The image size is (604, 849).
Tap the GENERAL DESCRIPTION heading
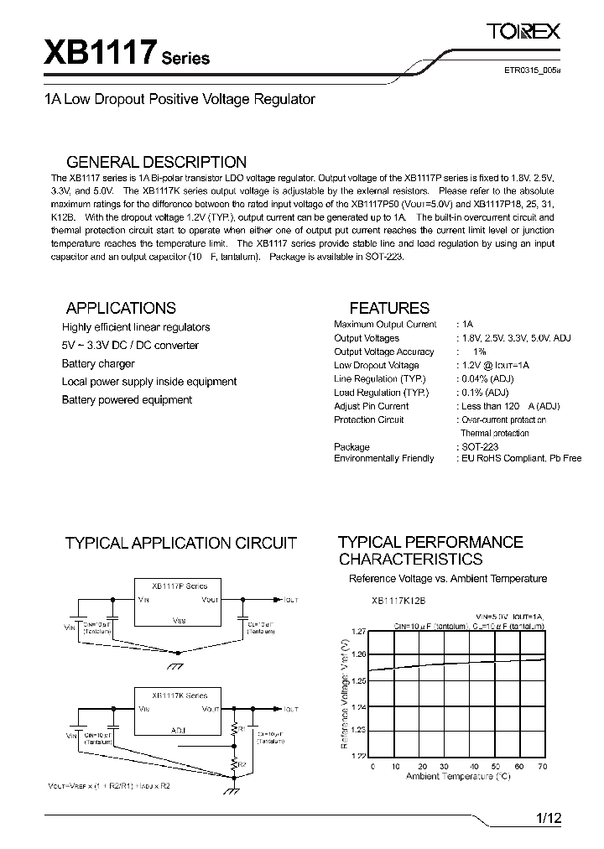[x=156, y=162]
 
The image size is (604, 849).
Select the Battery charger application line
[x=97, y=363]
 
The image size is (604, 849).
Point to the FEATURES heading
[x=388, y=308]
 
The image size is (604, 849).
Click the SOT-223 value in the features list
[x=479, y=447]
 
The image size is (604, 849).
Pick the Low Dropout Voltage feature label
[x=376, y=365]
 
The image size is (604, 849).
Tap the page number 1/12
[x=547, y=819]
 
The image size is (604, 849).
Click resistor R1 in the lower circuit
[x=236, y=731]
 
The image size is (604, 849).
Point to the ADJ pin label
[x=179, y=730]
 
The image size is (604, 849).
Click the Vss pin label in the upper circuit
[x=179, y=620]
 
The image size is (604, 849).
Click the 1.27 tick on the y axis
[x=359, y=631]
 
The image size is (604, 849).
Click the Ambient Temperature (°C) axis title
[x=458, y=777]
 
